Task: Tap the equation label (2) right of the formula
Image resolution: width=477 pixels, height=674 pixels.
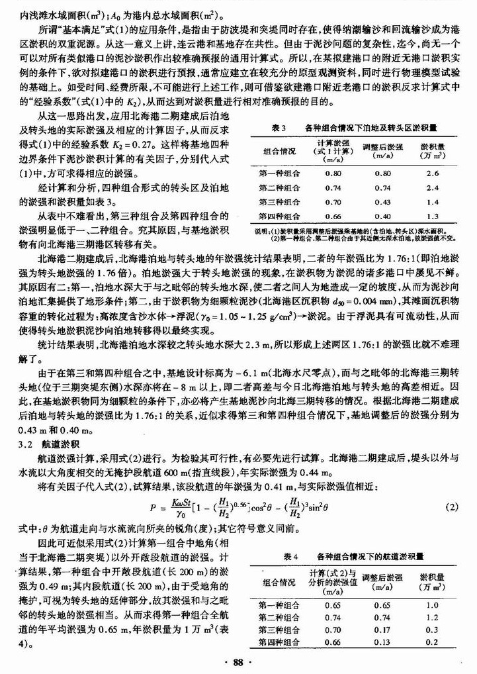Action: point(452,507)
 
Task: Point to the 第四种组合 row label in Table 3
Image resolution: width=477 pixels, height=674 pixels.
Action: point(279,216)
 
